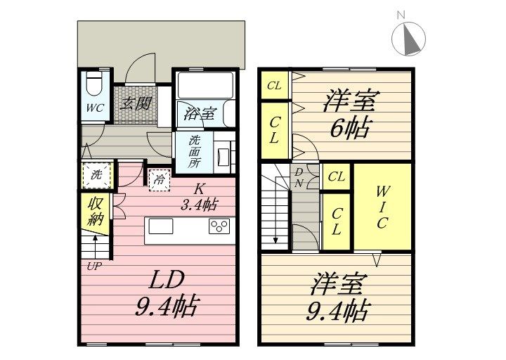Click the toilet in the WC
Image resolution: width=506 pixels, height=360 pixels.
95,84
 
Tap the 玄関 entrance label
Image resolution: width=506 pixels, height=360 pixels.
136,103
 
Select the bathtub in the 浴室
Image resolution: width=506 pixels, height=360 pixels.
205,85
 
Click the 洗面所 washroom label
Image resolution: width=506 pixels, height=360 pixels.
194,151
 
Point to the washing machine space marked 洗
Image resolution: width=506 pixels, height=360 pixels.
97,174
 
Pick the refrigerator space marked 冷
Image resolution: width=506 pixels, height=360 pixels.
160,180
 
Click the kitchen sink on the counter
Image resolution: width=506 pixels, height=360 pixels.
161,226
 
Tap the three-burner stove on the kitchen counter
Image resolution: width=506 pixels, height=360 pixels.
219,226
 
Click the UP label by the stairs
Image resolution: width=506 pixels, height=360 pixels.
95,266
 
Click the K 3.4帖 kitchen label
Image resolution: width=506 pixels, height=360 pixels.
199,197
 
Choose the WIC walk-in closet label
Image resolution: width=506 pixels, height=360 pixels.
382,207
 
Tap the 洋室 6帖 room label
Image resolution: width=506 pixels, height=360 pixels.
350,114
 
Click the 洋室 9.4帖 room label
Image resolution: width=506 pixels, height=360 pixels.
337,297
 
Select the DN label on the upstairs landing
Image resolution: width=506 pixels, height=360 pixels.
299,178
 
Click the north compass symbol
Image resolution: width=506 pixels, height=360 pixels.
408,39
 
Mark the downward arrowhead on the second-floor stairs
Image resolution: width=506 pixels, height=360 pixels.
275,240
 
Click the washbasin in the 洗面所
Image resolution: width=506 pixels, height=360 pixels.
223,157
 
